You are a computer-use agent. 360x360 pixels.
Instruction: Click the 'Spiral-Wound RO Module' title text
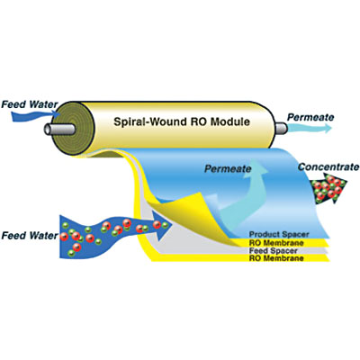pyautogui.click(x=182, y=121)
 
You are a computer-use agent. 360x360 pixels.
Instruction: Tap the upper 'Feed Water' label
pyautogui.click(x=30, y=104)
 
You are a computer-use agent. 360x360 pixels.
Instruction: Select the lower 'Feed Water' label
pyautogui.click(x=30, y=236)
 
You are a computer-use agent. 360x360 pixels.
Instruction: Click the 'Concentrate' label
pyautogui.click(x=328, y=167)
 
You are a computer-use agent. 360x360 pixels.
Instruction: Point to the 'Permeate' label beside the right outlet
pyautogui.click(x=310, y=117)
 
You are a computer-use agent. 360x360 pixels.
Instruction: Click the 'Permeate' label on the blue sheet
pyautogui.click(x=228, y=169)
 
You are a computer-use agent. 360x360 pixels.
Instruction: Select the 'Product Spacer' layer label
pyautogui.click(x=279, y=234)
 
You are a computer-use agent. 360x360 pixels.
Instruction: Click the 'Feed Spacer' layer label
pyautogui.click(x=274, y=250)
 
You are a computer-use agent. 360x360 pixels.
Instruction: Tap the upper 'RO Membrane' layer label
pyautogui.click(x=276, y=243)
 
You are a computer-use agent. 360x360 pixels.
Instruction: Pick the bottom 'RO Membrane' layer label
pyautogui.click(x=276, y=258)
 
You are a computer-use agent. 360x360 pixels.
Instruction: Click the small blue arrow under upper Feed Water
pyautogui.click(x=35, y=115)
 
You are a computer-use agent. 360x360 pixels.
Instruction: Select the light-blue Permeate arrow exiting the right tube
pyautogui.click(x=310, y=128)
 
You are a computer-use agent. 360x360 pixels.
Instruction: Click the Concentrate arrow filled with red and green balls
pyautogui.click(x=328, y=188)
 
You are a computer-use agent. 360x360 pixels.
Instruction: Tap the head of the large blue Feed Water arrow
pyautogui.click(x=162, y=225)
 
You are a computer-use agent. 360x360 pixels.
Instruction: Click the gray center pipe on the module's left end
pyautogui.click(x=59, y=130)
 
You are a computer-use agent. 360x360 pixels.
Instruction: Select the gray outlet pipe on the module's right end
pyautogui.click(x=281, y=128)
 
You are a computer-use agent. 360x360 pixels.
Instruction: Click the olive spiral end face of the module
pyautogui.click(x=76, y=129)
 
